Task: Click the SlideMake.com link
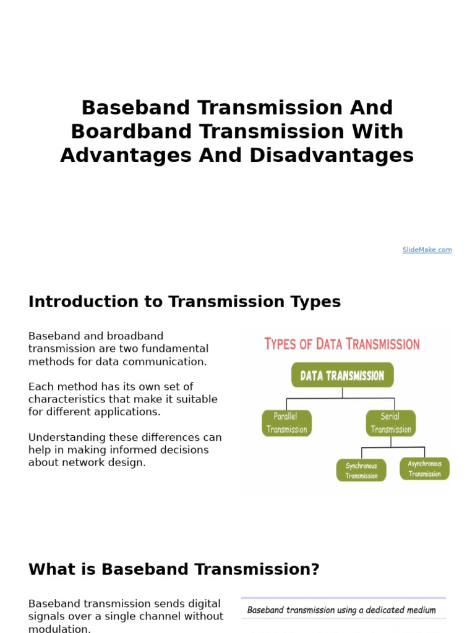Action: [x=427, y=250]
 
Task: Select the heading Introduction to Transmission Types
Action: [x=184, y=302]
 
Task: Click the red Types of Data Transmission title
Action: [x=342, y=344]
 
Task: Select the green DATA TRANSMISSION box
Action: [x=342, y=375]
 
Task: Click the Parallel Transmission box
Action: [x=286, y=423]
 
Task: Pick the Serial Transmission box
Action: [x=390, y=423]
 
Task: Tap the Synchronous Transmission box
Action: [x=361, y=470]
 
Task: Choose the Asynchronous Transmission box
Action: [x=424, y=469]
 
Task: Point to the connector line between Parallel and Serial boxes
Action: [x=342, y=398]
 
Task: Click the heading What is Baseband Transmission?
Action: [x=174, y=569]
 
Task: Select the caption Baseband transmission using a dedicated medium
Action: [x=341, y=610]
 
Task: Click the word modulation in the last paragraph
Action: [x=59, y=629]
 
